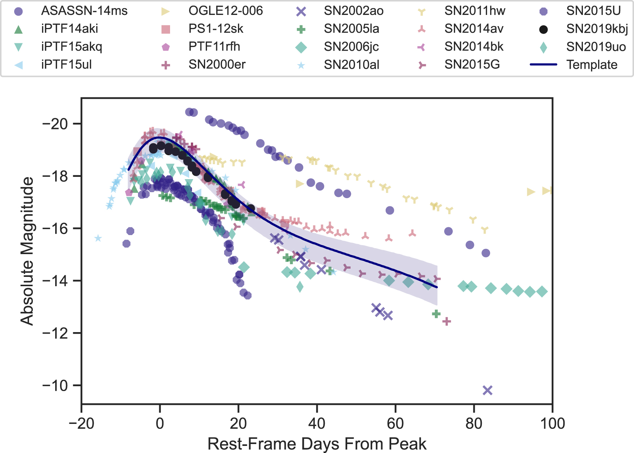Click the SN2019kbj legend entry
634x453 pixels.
click(597, 29)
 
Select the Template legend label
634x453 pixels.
click(592, 65)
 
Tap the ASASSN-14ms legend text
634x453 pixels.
click(84, 11)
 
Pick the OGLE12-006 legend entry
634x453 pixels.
click(226, 11)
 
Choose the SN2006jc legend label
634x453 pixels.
click(351, 47)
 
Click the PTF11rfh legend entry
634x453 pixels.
click(214, 47)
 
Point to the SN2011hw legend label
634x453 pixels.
click(475, 11)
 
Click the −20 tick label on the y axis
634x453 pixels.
click(55, 124)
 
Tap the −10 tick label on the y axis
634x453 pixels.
click(55, 385)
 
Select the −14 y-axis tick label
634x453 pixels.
click(55, 281)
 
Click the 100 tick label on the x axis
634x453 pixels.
click(552, 424)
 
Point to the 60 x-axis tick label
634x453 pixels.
click(395, 424)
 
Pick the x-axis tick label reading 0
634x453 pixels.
click(160, 424)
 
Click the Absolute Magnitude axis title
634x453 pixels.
click(27, 251)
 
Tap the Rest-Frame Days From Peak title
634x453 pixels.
click(317, 444)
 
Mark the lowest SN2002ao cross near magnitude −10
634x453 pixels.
click(487, 390)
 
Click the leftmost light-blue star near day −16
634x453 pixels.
click(98, 238)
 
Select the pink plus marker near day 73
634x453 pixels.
click(446, 321)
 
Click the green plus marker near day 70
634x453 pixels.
click(436, 314)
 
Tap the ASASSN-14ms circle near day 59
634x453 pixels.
click(390, 210)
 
